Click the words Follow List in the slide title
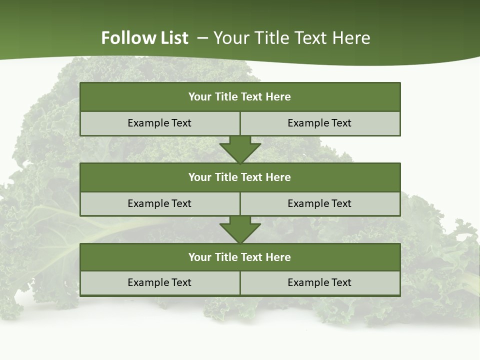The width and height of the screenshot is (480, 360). click(x=144, y=38)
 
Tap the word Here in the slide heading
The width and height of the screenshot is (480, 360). click(x=350, y=38)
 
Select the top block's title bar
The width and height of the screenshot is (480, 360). click(x=240, y=97)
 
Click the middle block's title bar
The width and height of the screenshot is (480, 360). click(x=240, y=177)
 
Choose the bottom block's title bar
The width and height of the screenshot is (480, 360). click(x=240, y=257)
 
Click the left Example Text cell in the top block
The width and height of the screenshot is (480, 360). click(x=159, y=123)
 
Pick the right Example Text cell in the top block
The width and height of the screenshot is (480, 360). click(x=319, y=123)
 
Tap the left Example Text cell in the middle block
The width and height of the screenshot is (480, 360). click(x=159, y=204)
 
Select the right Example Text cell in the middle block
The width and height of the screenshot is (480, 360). click(x=319, y=204)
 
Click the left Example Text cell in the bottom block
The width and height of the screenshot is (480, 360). click(x=159, y=283)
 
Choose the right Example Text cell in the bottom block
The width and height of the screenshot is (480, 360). click(x=319, y=283)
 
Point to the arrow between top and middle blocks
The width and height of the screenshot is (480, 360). click(x=240, y=149)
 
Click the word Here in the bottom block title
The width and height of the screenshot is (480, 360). click(x=278, y=257)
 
